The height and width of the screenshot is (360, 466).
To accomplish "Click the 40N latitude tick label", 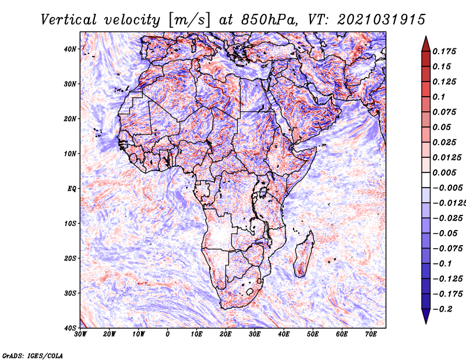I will click(x=70, y=49).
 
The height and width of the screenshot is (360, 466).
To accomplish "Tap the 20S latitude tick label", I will click(x=70, y=258).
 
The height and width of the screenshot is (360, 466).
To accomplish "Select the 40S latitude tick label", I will click(x=70, y=328).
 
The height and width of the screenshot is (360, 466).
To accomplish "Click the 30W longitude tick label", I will click(x=80, y=334).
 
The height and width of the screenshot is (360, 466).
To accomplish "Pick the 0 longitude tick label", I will click(x=168, y=334).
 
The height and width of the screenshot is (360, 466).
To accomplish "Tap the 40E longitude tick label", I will click(x=284, y=334).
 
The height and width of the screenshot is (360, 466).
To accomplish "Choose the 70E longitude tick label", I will click(x=371, y=334).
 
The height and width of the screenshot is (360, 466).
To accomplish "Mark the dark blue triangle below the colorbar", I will click(x=426, y=316).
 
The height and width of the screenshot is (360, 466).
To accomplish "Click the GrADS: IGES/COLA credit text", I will click(x=32, y=354).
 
